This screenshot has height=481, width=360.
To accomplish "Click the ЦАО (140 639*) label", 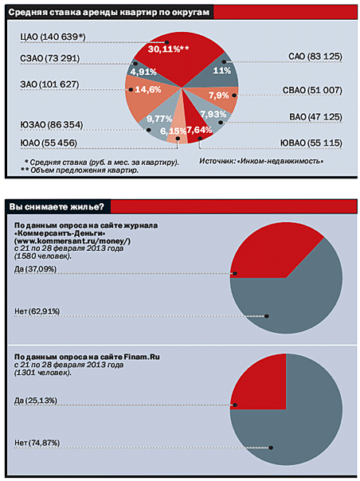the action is [x=53, y=37].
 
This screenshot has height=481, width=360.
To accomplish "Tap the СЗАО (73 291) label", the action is [x=50, y=58].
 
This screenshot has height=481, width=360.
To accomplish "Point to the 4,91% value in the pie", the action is [x=143, y=72].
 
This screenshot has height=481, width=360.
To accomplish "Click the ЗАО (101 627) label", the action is [x=49, y=84].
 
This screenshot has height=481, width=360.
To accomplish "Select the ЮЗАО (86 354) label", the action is [x=52, y=125].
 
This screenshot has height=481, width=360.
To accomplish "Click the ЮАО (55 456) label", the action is [x=49, y=143].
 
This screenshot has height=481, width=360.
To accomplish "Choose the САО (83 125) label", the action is [x=315, y=57].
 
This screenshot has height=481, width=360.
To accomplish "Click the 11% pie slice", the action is [x=221, y=71].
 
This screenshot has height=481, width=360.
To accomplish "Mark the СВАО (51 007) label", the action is [x=312, y=90].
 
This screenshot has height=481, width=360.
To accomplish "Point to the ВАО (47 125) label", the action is [x=315, y=117].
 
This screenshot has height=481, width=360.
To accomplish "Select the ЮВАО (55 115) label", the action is [x=311, y=143].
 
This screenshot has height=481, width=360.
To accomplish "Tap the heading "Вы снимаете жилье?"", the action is [x=57, y=207].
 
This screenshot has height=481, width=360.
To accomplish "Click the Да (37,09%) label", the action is [x=35, y=269].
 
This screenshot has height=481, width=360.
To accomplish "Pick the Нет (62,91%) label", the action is [x=37, y=311].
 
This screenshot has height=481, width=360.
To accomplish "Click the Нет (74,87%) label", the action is [x=37, y=443].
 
